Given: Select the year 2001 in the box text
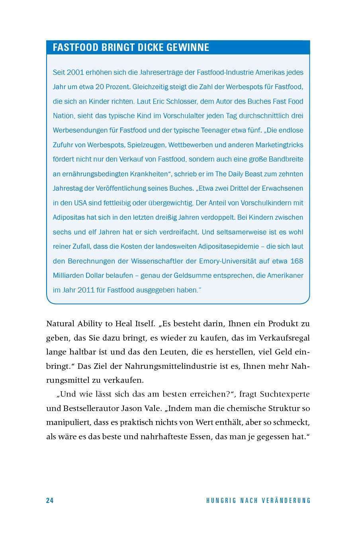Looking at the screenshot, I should point(75,72).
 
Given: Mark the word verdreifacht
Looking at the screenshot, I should point(176,232).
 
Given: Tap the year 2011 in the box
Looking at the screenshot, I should point(86,290).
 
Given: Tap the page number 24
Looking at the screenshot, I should point(50,501).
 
